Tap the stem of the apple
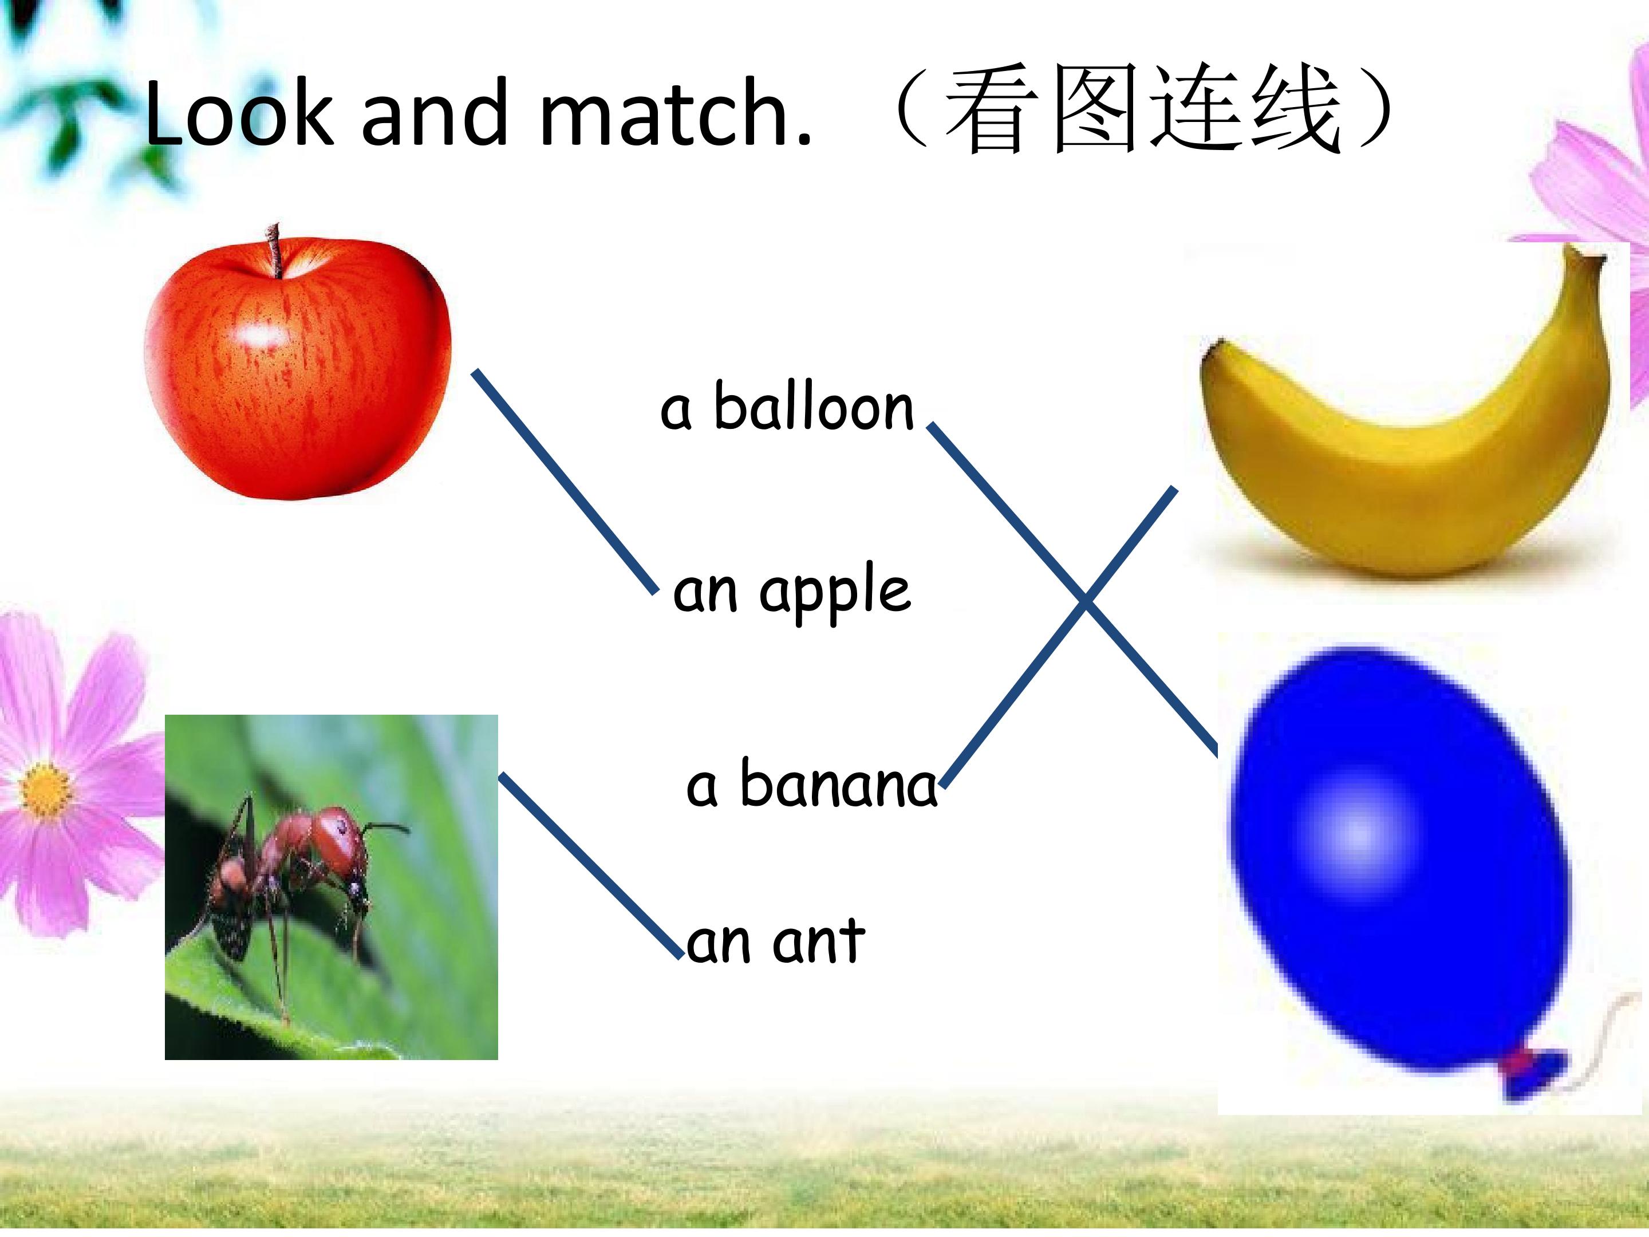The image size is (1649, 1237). click(275, 250)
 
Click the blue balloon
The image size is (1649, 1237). click(1394, 857)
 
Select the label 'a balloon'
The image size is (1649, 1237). click(787, 408)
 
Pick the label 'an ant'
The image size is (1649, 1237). click(775, 941)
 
